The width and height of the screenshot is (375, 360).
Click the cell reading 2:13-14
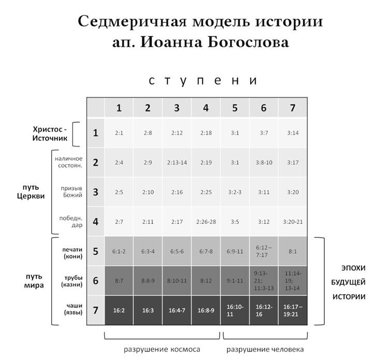pyautogui.click(x=177, y=163)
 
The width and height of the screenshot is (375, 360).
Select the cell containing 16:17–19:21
pyautogui.click(x=293, y=310)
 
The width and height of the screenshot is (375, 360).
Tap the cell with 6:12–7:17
pyautogui.click(x=264, y=251)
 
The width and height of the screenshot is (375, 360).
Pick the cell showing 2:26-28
pyautogui.click(x=206, y=222)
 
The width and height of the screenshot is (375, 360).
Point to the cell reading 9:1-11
pyautogui.click(x=235, y=281)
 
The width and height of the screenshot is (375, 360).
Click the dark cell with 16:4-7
pyautogui.click(x=177, y=310)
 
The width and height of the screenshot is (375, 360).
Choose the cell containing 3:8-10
pyautogui.click(x=264, y=163)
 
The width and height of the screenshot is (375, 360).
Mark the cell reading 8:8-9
pyautogui.click(x=148, y=281)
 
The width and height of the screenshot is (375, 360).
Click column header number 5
pyautogui.click(x=235, y=108)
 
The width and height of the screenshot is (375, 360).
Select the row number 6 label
pyautogui.click(x=96, y=281)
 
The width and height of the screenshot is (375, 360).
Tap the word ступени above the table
pyautogui.click(x=203, y=81)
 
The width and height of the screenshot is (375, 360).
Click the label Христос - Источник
pyautogui.click(x=50, y=134)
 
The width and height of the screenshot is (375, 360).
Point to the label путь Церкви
pyautogui.click(x=31, y=192)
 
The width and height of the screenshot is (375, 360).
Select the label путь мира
pyautogui.click(x=34, y=281)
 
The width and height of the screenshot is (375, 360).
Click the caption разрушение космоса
pyautogui.click(x=162, y=350)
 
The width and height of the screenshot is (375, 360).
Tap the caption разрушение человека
pyautogui.click(x=265, y=350)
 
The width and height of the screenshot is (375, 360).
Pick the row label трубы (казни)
pyautogui.click(x=72, y=281)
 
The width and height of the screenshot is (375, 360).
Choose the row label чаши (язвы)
pyautogui.click(x=73, y=309)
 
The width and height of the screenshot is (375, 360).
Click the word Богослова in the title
pyautogui.click(x=248, y=42)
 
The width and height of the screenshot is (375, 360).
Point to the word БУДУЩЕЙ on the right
pyautogui.click(x=348, y=282)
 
